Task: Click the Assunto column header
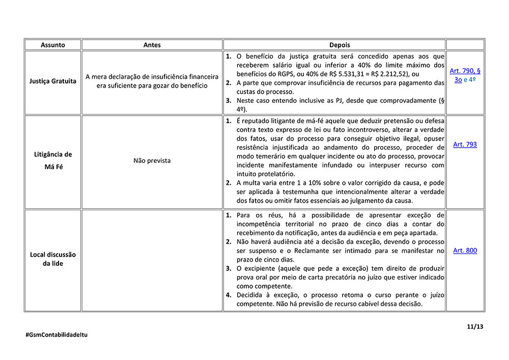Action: pos(53,45)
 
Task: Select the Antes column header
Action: pos(152,45)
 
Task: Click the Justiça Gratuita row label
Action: pos(53,81)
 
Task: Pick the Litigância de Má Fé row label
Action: pos(53,160)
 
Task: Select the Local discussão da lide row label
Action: pos(53,259)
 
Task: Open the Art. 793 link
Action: pos(465,145)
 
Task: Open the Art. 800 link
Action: pos(465,251)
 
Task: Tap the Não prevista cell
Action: pos(152,160)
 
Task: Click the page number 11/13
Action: pos(475,327)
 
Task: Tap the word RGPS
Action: pos(280,73)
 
